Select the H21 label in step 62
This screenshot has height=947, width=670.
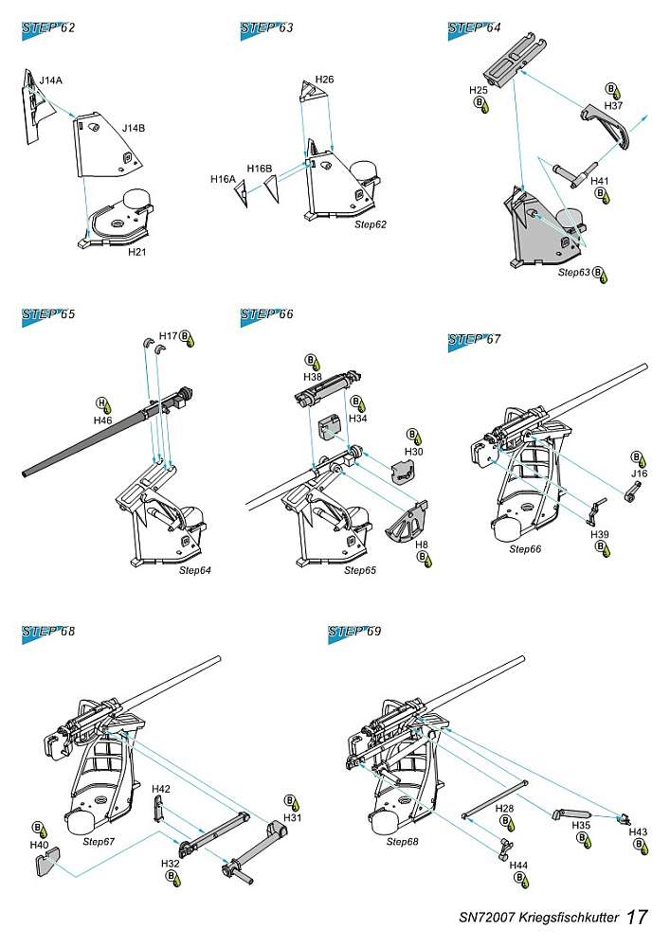(137, 253)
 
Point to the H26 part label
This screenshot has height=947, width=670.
(324, 79)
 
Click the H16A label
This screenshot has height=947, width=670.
(223, 177)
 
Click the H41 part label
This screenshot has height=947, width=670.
(600, 179)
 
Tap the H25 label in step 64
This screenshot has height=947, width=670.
(479, 90)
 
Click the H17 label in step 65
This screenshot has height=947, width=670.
(168, 335)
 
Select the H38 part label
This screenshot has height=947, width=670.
(312, 376)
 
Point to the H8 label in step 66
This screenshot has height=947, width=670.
(422, 545)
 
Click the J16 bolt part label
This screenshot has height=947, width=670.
(640, 473)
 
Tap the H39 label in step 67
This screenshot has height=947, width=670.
(600, 535)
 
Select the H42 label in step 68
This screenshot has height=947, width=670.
(162, 788)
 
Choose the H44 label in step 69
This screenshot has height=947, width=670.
(518, 866)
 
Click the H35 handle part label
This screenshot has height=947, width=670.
(581, 825)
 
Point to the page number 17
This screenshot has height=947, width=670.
(639, 918)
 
